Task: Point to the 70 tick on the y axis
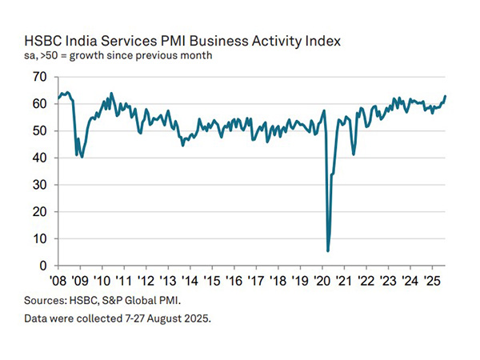point(40,77)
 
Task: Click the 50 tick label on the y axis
point(40,130)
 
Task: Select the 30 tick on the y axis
point(40,185)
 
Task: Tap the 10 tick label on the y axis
point(40,238)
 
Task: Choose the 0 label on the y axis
point(43,266)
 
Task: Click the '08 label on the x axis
point(58,282)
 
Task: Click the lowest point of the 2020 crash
point(328,250)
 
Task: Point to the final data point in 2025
point(446,97)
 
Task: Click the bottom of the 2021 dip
point(354,154)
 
